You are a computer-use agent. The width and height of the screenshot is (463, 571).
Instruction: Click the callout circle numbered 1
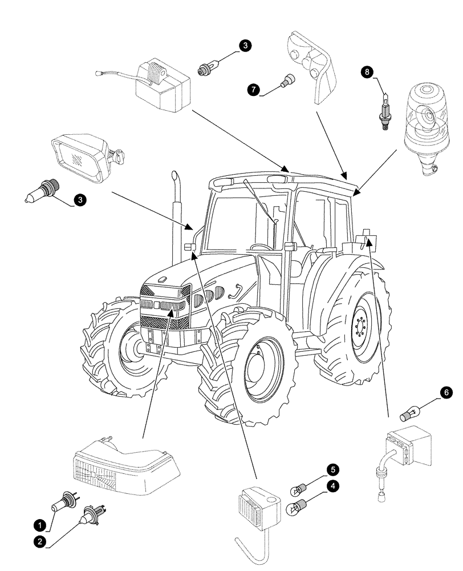39,524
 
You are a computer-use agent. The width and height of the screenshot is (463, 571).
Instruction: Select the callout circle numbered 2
39,542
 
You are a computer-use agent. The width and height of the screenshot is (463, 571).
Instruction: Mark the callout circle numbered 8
367,71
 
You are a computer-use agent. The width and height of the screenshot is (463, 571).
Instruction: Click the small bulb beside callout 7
287,81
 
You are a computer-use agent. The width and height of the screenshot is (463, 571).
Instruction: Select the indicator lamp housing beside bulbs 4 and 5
257,505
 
